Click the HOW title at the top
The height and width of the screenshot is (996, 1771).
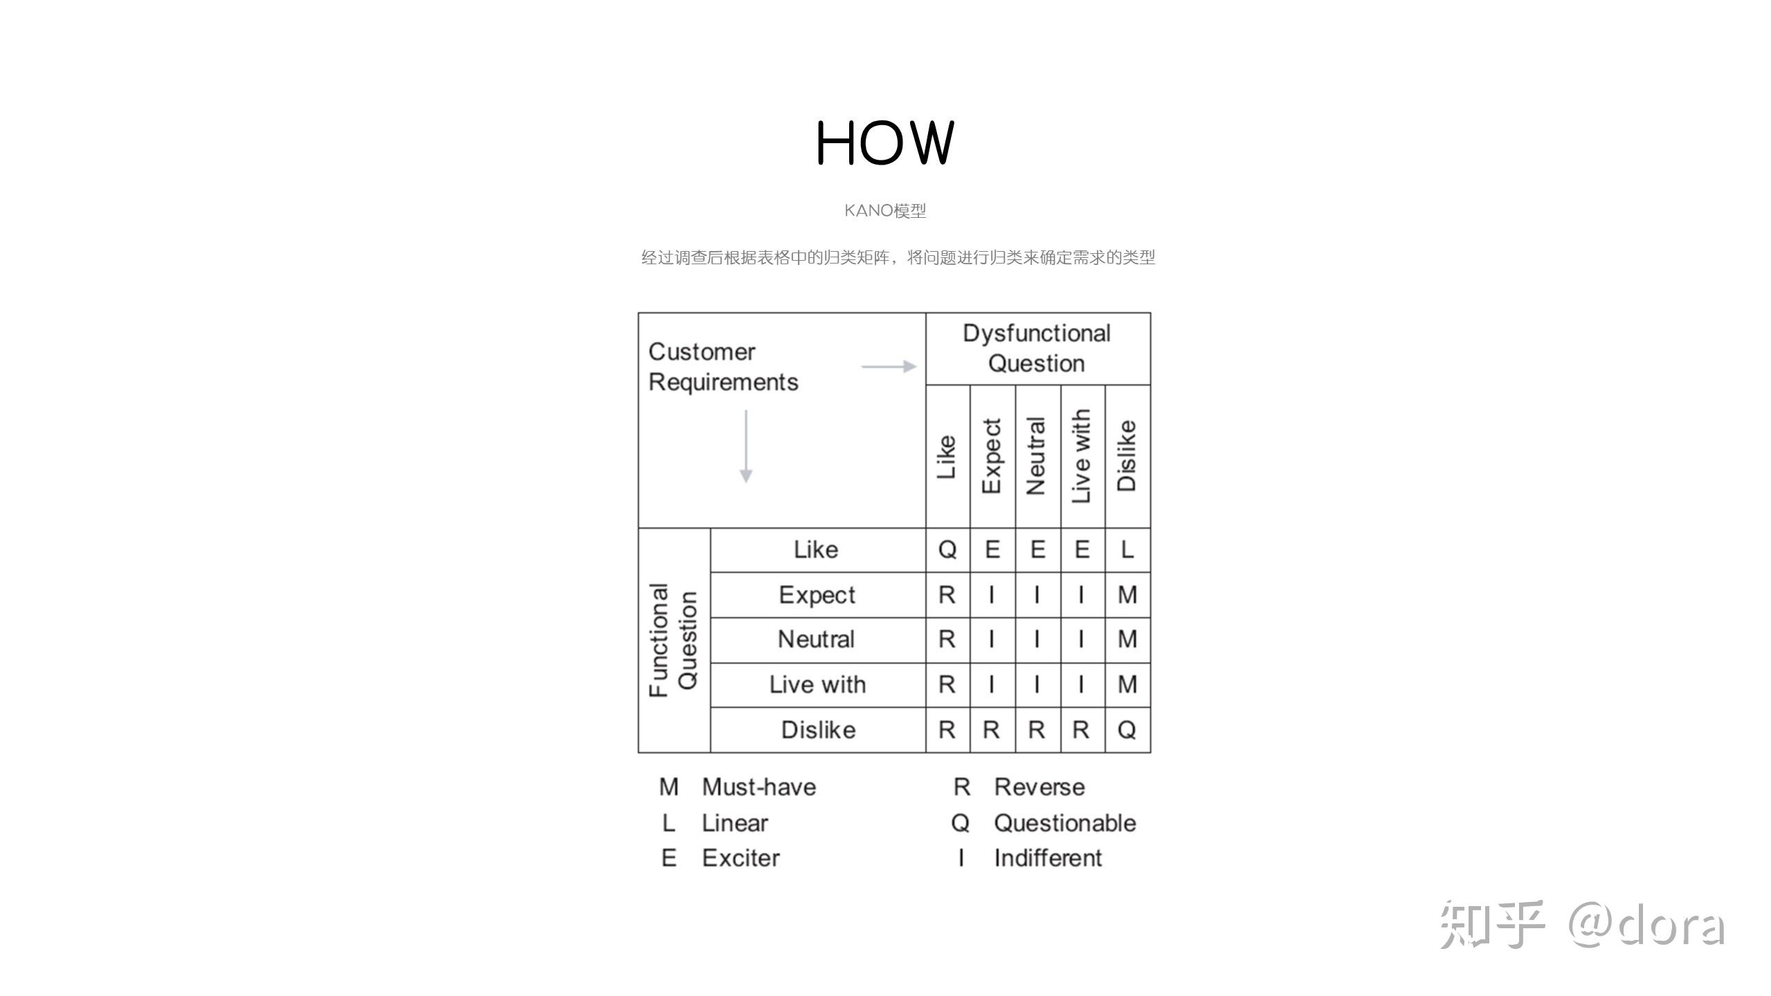[885, 142]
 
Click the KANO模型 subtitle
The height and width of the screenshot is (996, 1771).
[885, 210]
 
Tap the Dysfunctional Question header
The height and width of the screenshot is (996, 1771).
[1036, 348]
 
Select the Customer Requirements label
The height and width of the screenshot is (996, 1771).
[723, 367]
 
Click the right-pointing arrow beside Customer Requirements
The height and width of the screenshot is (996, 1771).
[889, 366]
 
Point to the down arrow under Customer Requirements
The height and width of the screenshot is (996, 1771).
[745, 446]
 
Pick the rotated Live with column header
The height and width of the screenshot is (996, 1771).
[1081, 456]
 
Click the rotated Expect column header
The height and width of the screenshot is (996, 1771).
[992, 456]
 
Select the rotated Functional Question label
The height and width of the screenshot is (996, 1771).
[673, 640]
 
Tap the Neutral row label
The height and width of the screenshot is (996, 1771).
[817, 639]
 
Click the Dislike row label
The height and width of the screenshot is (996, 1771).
[818, 730]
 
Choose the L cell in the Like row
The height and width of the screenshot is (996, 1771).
[1127, 550]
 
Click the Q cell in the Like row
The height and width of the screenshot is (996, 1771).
[947, 550]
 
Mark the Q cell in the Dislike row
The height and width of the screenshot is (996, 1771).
[1127, 730]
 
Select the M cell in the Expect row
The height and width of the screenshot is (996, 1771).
[1127, 595]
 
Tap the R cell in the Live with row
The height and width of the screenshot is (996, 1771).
[947, 685]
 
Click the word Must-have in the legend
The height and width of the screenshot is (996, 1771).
[759, 787]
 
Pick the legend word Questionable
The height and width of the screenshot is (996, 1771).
[1064, 823]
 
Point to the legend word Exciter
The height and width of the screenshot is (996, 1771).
[741, 858]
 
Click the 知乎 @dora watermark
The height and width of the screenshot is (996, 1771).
[1581, 925]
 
